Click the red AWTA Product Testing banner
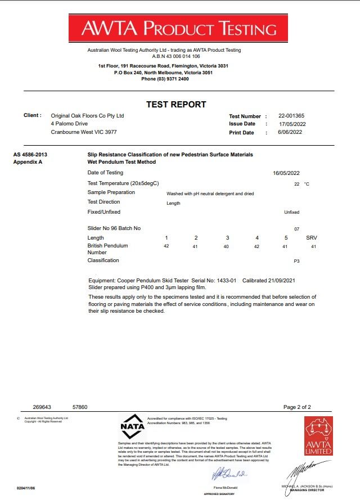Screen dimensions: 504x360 coord(179,28)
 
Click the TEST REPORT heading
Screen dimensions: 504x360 coord(176,104)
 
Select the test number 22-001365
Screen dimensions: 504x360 coord(291,116)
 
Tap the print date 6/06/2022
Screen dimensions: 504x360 coord(290,132)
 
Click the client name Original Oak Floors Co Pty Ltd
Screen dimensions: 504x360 coord(87,116)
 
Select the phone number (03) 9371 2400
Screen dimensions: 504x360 coord(165,79)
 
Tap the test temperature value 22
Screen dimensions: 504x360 coord(297,184)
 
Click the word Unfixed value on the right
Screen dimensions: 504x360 coord(292,212)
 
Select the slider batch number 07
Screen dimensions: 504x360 coord(297,229)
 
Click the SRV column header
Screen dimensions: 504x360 coord(312,238)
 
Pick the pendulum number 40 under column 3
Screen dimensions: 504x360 coord(227,246)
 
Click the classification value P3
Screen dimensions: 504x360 coord(297,262)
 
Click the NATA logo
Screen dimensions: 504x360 coord(133,429)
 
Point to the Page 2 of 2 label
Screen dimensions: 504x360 coord(297,407)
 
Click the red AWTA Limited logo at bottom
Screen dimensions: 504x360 coord(318,436)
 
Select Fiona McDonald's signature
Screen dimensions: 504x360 coord(228,475)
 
